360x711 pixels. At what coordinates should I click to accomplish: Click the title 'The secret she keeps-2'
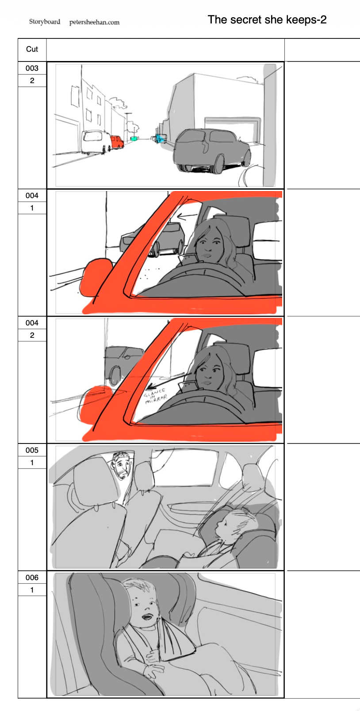click(x=267, y=20)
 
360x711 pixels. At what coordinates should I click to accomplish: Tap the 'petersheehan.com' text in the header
click(x=94, y=22)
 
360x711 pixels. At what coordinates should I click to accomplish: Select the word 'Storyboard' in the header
click(x=45, y=22)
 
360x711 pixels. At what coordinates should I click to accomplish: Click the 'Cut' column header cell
click(x=32, y=50)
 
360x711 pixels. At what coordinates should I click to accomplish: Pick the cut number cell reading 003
click(x=32, y=68)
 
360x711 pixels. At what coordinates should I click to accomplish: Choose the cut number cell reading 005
click(x=32, y=450)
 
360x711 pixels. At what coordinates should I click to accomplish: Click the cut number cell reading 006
click(x=32, y=577)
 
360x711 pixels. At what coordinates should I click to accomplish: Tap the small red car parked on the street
click(x=116, y=142)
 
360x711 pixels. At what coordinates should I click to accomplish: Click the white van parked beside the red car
click(x=96, y=141)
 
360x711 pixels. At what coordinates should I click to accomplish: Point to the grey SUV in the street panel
click(x=211, y=150)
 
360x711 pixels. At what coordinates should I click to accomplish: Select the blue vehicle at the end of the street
click(x=160, y=138)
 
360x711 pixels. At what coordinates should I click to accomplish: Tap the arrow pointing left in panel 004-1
click(x=187, y=217)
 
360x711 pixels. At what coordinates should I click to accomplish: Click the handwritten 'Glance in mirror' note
click(x=155, y=395)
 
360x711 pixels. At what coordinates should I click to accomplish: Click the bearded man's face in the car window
click(x=121, y=466)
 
